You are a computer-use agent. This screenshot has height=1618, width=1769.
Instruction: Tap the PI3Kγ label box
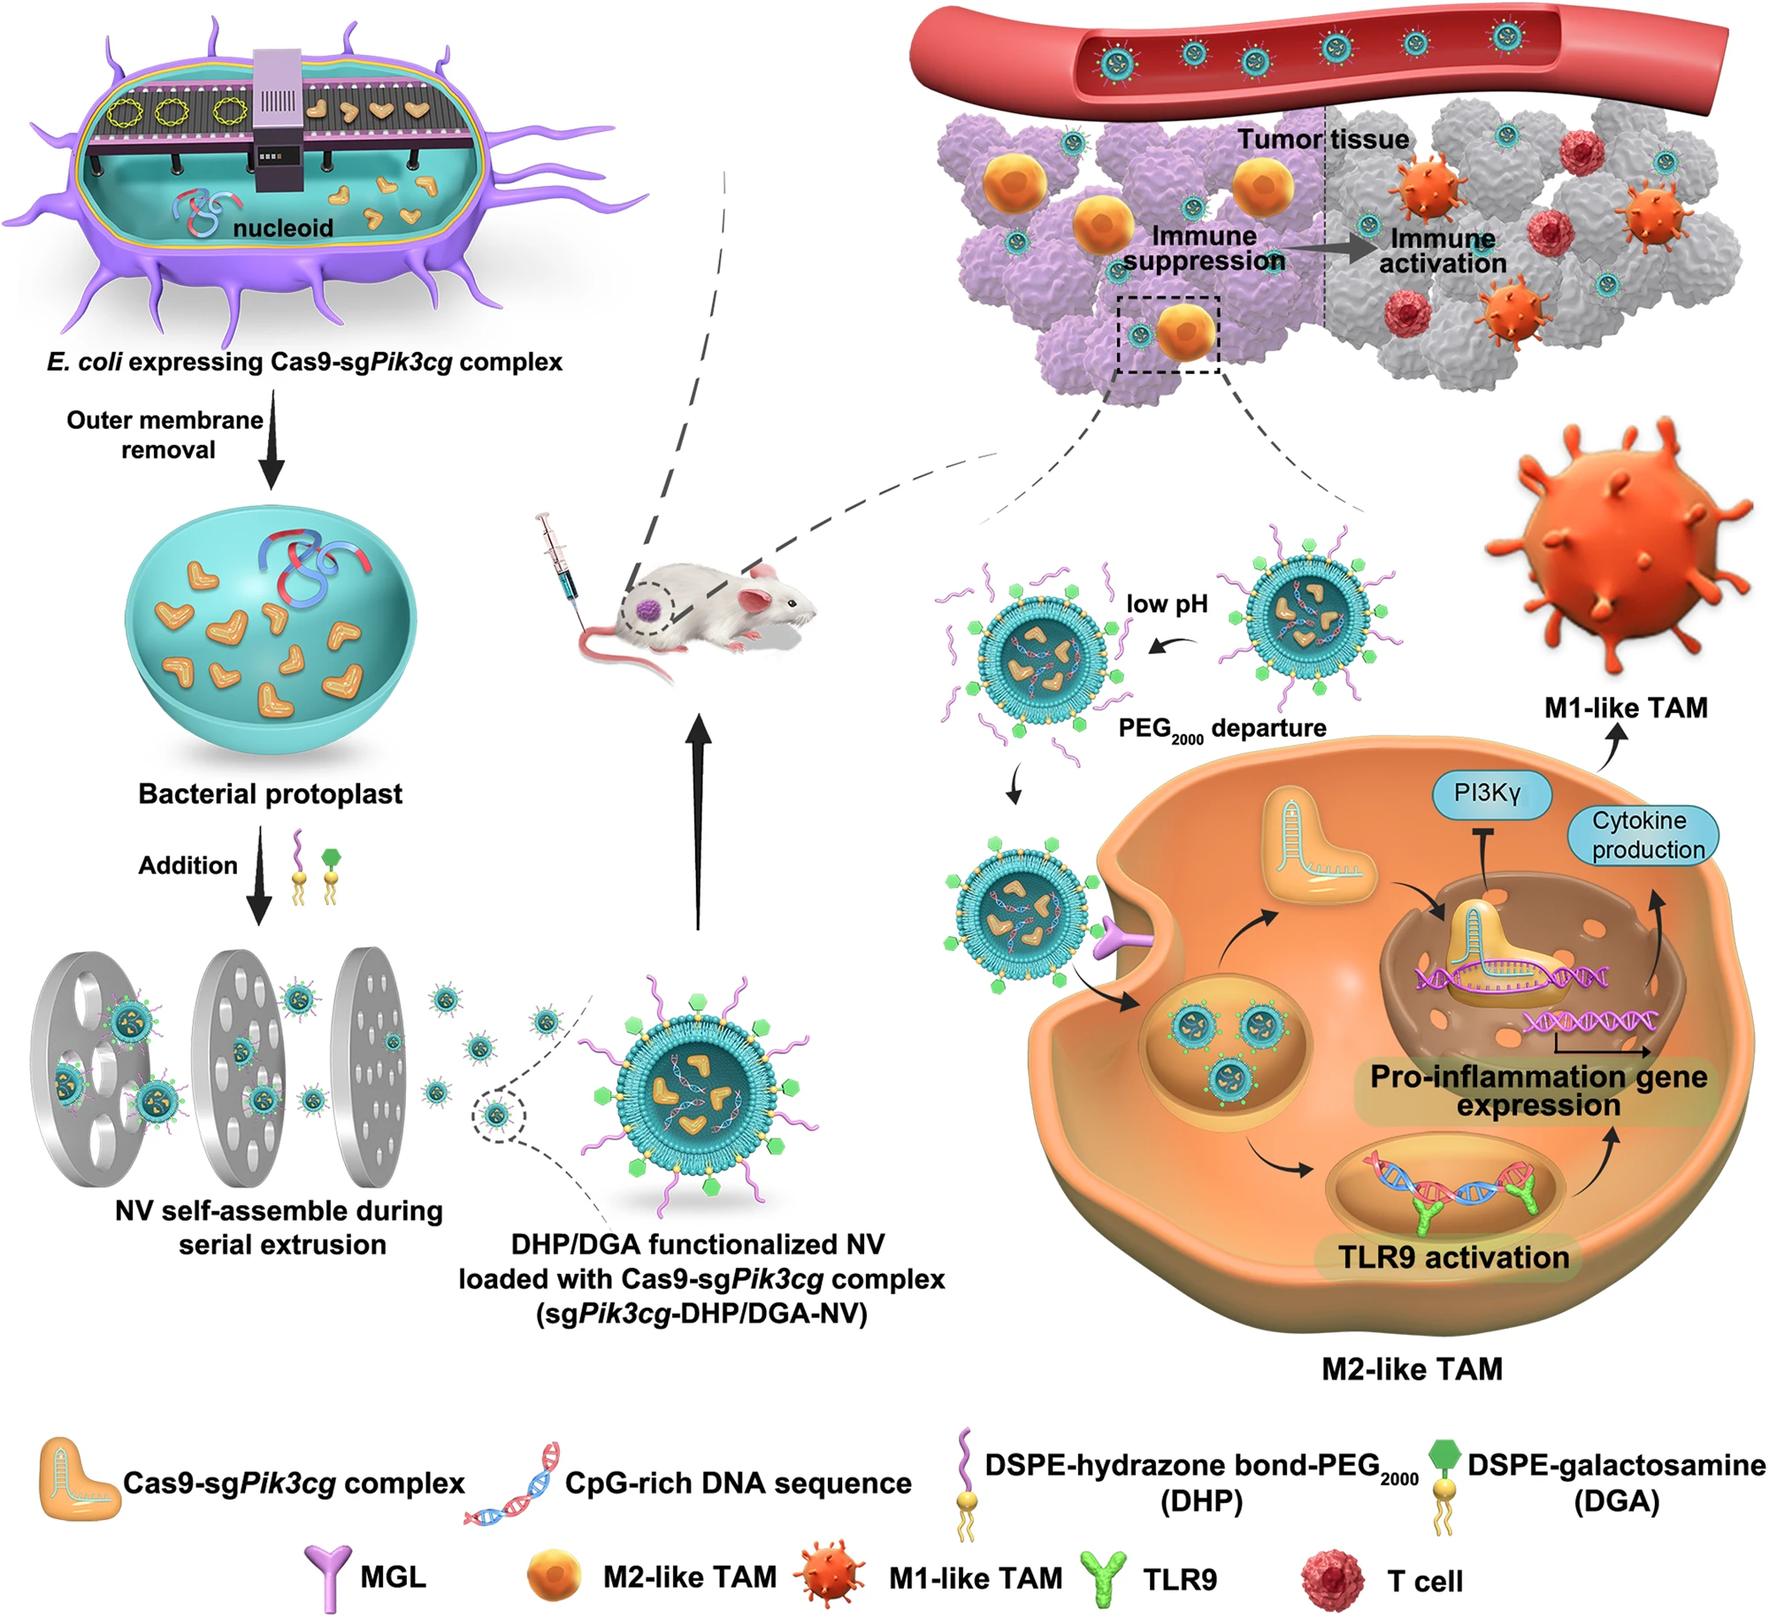pyautogui.click(x=1489, y=794)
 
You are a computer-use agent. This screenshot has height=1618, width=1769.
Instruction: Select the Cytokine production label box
pyautogui.click(x=1642, y=834)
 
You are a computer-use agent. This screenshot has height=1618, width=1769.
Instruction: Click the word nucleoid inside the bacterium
pyautogui.click(x=283, y=228)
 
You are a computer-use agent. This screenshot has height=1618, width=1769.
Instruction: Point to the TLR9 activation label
pyautogui.click(x=1453, y=1257)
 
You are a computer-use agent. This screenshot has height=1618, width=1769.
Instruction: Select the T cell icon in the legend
pyautogui.click(x=1332, y=1580)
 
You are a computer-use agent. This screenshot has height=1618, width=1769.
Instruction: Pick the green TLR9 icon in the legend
pyautogui.click(x=1103, y=1578)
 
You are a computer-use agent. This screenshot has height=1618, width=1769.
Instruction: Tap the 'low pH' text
pyautogui.click(x=1167, y=604)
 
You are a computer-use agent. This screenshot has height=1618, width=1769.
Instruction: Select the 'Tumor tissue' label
pyautogui.click(x=1322, y=140)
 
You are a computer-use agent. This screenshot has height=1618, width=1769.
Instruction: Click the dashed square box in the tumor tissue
pyautogui.click(x=1168, y=334)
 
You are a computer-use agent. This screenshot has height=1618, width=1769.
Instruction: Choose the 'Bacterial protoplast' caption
pyautogui.click(x=270, y=794)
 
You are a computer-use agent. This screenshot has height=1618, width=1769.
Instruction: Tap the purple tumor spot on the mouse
pyautogui.click(x=648, y=609)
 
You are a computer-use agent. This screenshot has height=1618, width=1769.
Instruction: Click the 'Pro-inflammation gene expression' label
pyautogui.click(x=1538, y=1091)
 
